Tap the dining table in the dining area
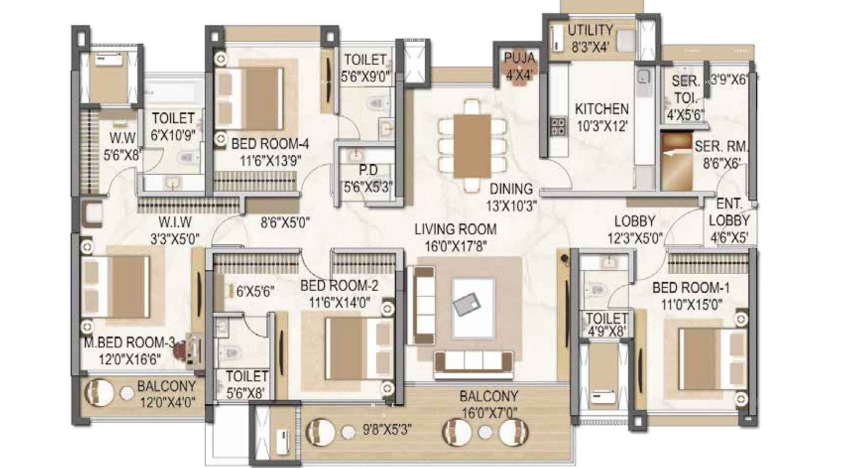coord(472,146)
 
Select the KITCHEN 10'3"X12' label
coord(602,117)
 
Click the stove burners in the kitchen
coord(557,126)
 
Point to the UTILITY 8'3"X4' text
coord(590,38)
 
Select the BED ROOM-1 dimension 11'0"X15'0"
coord(691,304)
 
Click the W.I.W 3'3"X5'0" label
coord(175,231)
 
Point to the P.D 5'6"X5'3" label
coord(368,178)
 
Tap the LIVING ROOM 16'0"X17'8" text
coord(455,237)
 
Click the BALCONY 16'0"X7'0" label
coord(488,404)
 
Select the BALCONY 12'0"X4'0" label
coord(166,394)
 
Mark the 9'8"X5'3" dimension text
coord(387,430)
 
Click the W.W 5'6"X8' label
coord(122,146)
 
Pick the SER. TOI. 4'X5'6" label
coord(685,98)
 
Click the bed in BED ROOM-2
coord(354,348)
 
